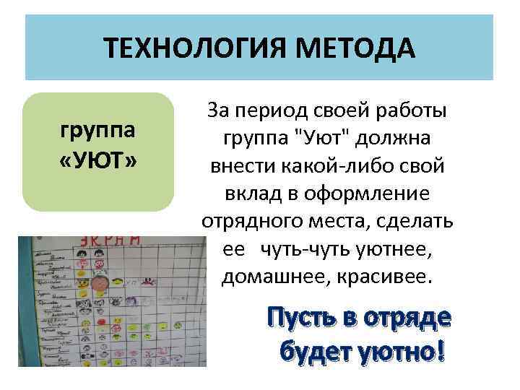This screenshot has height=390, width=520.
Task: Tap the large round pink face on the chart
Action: pos(103,281)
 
